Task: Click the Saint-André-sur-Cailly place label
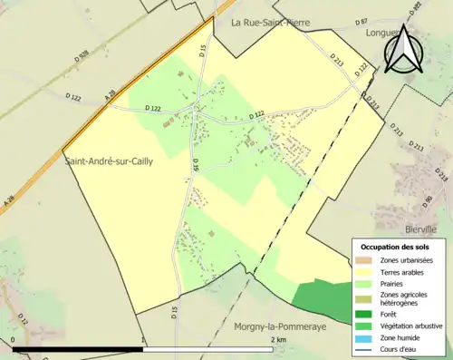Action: point(108,161)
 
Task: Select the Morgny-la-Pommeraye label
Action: point(277,326)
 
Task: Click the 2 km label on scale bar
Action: point(279,341)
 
